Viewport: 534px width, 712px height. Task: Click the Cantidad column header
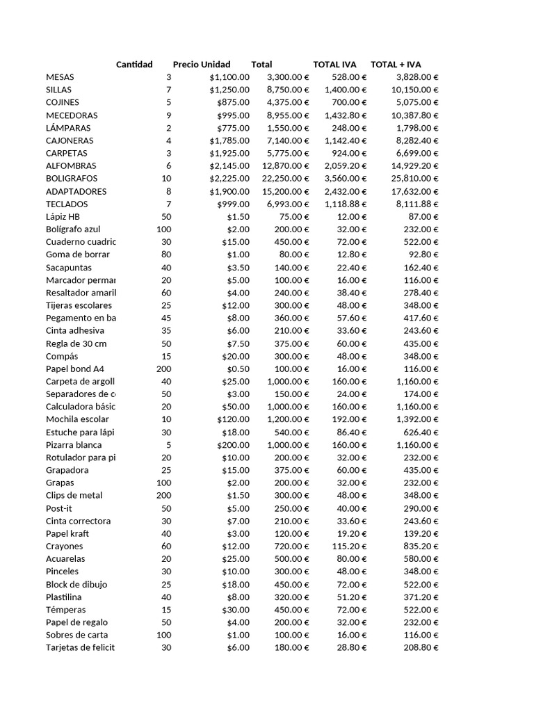(134, 65)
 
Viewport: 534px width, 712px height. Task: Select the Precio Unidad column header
(202, 65)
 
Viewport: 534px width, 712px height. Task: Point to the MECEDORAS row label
(72, 115)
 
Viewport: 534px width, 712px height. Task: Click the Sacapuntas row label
(69, 268)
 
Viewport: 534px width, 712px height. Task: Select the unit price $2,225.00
(229, 179)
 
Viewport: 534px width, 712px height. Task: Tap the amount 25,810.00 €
(415, 179)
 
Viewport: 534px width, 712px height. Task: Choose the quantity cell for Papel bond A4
(163, 369)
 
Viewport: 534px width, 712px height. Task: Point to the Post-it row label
(60, 508)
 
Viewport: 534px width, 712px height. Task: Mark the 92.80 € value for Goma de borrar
(424, 255)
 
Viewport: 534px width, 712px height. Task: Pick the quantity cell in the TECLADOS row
(168, 204)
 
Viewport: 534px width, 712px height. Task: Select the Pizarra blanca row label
(74, 445)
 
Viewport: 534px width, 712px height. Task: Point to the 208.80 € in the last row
(421, 648)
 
